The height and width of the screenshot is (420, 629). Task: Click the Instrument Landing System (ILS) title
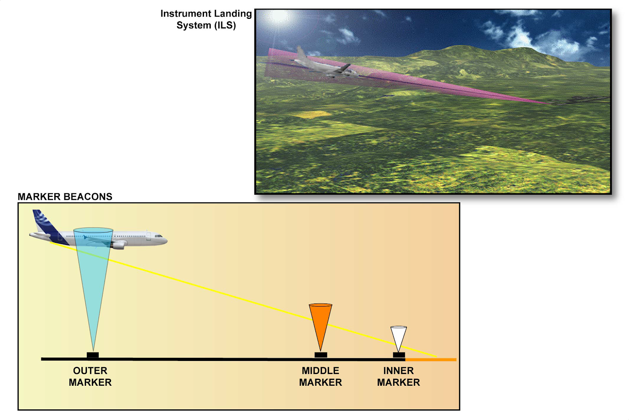[206, 19]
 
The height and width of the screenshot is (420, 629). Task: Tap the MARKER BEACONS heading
[65, 197]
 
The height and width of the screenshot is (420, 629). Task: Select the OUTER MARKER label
[90, 376]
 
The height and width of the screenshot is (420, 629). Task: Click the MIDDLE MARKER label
[320, 376]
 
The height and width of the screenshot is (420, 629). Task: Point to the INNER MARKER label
[398, 376]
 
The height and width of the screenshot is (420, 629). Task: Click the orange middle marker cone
[320, 321]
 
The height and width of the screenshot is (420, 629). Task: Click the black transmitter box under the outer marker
[93, 355]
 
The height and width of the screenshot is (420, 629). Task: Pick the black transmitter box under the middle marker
[320, 355]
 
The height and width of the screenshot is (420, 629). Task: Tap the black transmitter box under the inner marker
[399, 355]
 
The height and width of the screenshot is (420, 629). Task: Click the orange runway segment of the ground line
[431, 359]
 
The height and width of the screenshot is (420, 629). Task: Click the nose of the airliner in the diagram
[165, 240]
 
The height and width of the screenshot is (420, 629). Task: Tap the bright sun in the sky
[280, 17]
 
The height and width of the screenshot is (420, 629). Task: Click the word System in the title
[193, 26]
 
